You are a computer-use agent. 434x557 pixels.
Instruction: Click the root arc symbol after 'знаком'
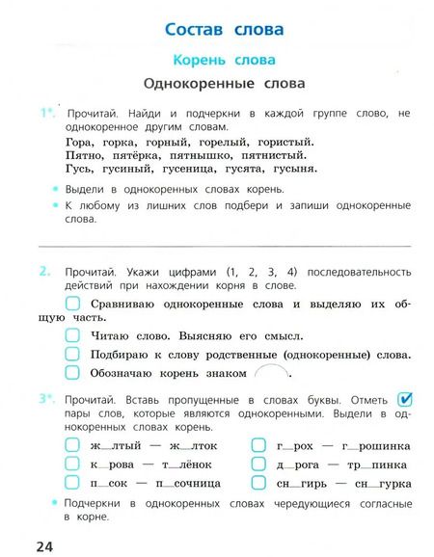[269, 372]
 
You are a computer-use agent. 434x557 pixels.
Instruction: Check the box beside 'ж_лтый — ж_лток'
[72, 446]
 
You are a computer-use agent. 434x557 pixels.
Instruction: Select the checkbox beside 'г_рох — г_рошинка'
[259, 446]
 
